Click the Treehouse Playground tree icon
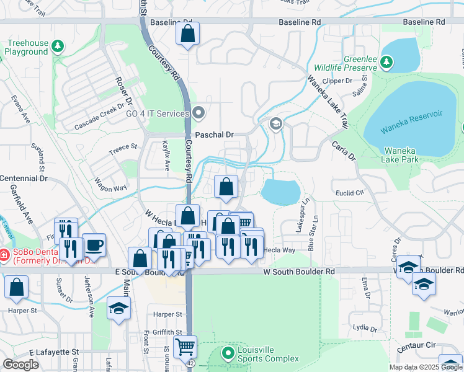pyautogui.click(x=58, y=46)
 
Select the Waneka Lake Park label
pyautogui.click(x=401, y=155)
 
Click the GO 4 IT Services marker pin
pyautogui.click(x=199, y=113)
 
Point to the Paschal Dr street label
pyautogui.click(x=214, y=135)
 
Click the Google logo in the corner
pyautogui.click(x=21, y=364)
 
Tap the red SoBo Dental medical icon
pyautogui.click(x=4, y=255)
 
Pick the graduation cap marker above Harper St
pyautogui.click(x=118, y=308)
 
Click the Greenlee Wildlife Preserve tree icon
pyautogui.click(x=386, y=62)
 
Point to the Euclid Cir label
pyautogui.click(x=347, y=192)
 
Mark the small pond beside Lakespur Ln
pyautogui.click(x=280, y=192)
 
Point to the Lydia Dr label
pyautogui.click(x=365, y=327)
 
